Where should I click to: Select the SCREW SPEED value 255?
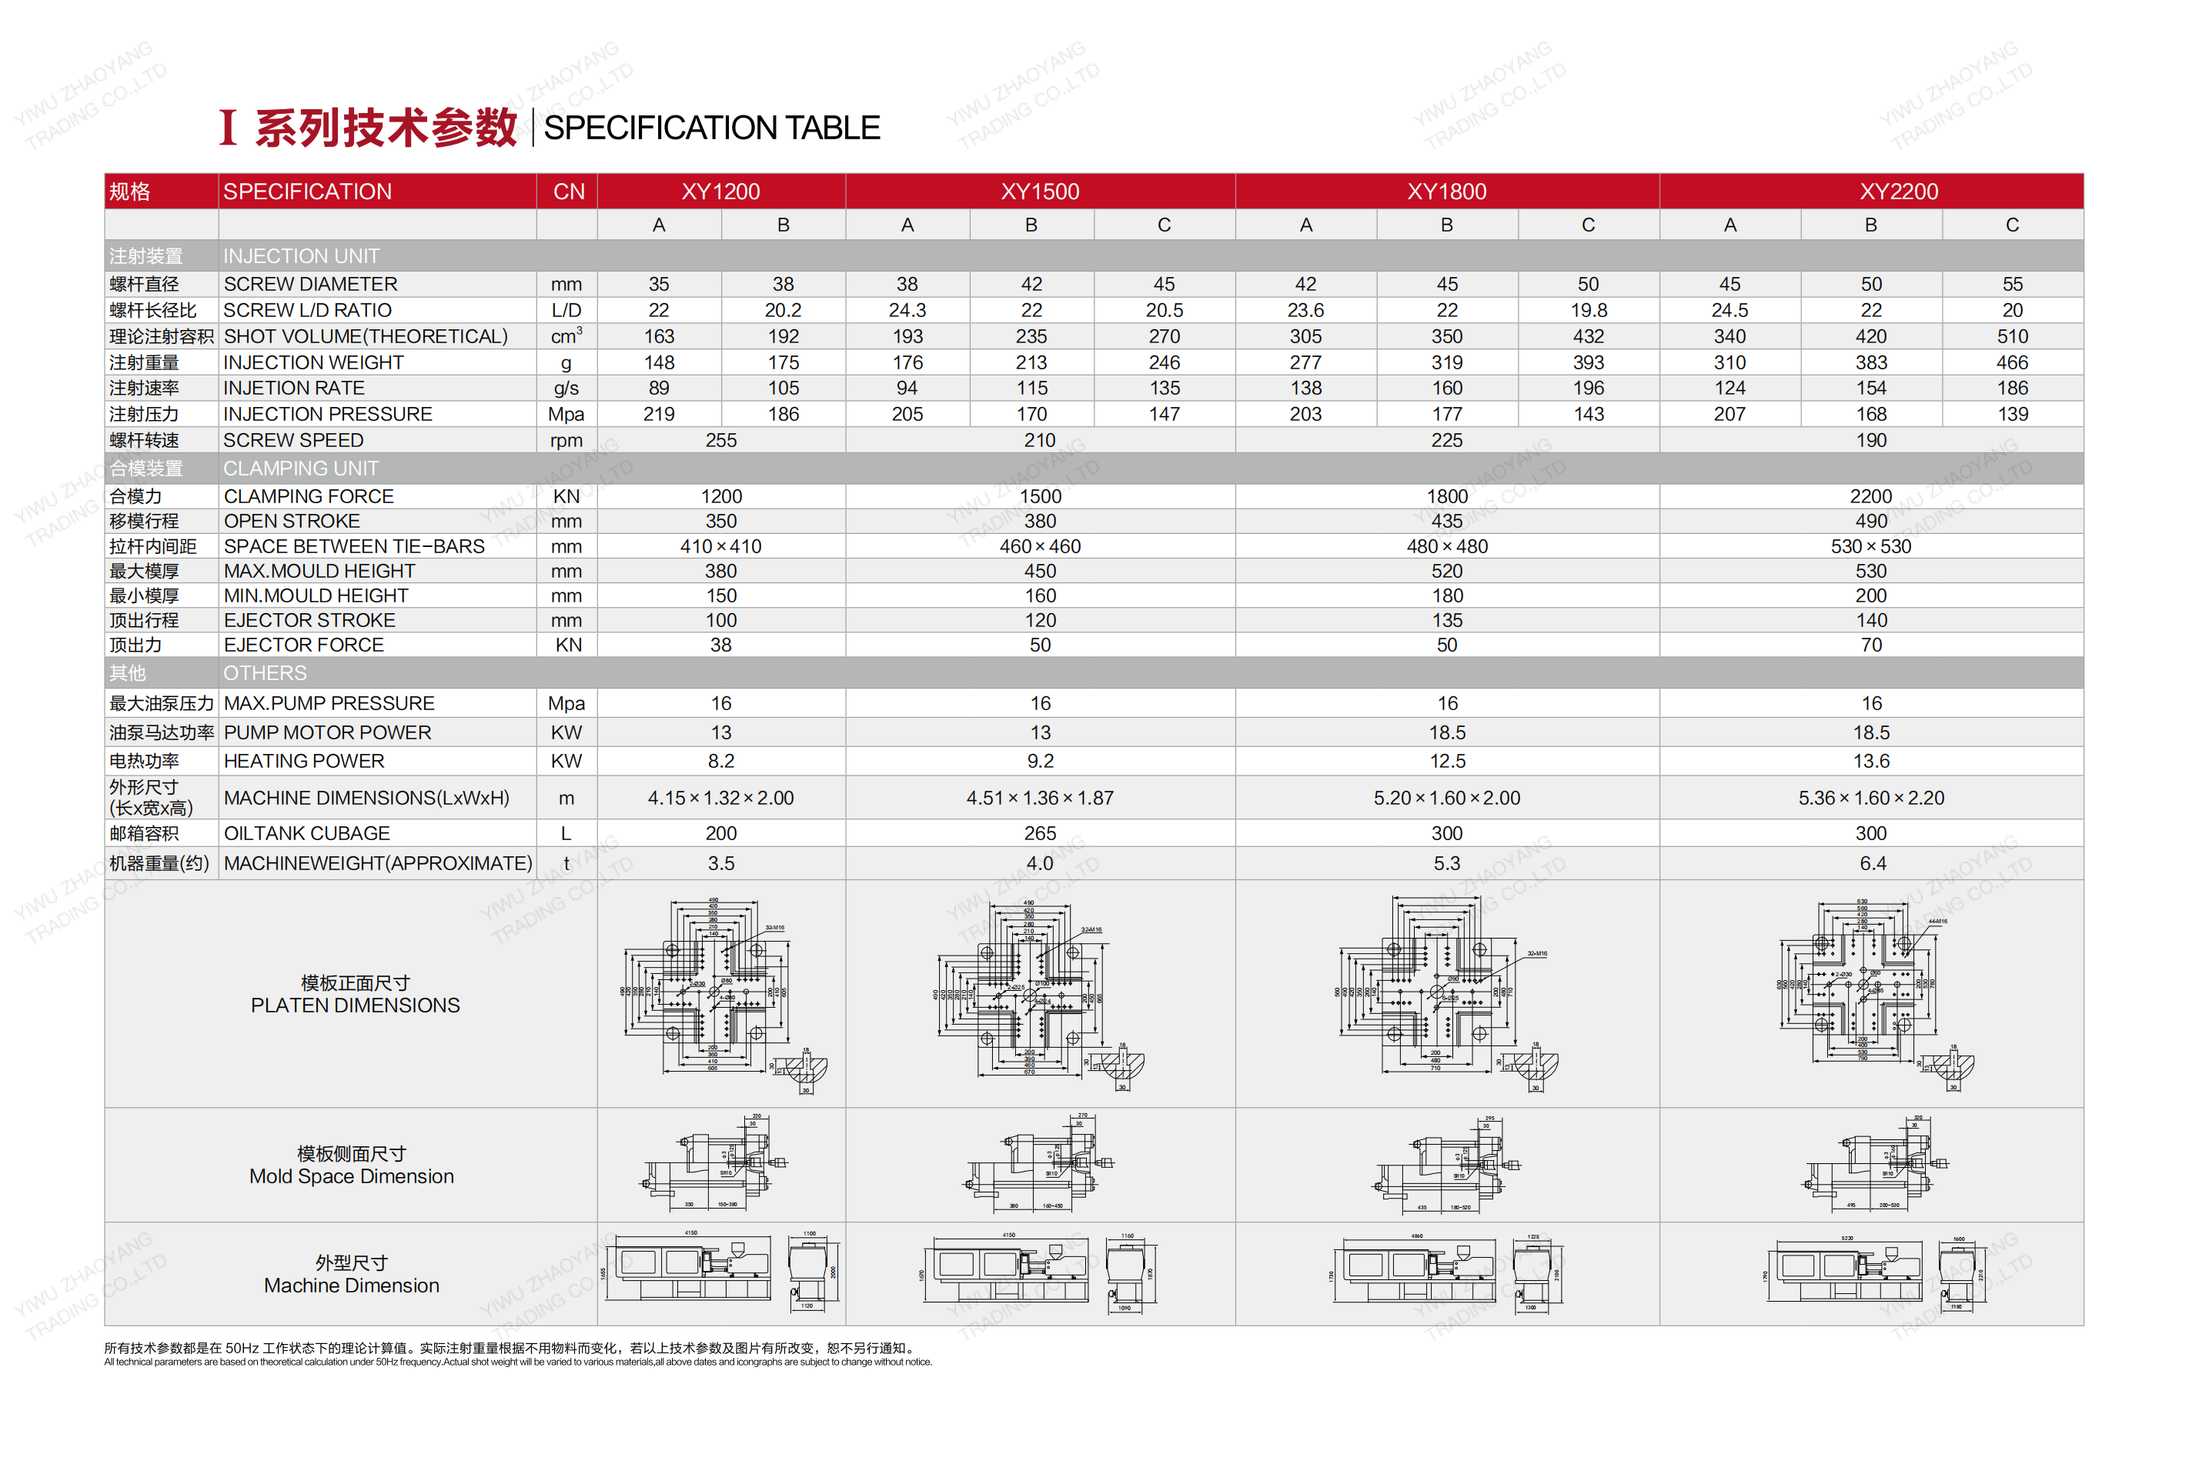pos(720,441)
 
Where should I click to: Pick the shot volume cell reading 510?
pos(2012,337)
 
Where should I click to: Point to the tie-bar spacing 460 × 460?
pos(1040,547)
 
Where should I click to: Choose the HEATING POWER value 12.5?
pos(1447,762)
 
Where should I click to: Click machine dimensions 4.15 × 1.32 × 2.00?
pos(720,799)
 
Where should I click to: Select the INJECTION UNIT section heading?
pos(302,257)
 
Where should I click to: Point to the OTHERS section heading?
pos(265,674)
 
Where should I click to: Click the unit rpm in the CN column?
pos(566,441)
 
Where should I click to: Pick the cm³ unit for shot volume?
pos(566,337)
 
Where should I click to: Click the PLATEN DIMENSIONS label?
pos(355,1006)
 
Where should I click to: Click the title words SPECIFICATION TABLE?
pos(712,128)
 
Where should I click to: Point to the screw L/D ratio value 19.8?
pos(1588,311)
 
